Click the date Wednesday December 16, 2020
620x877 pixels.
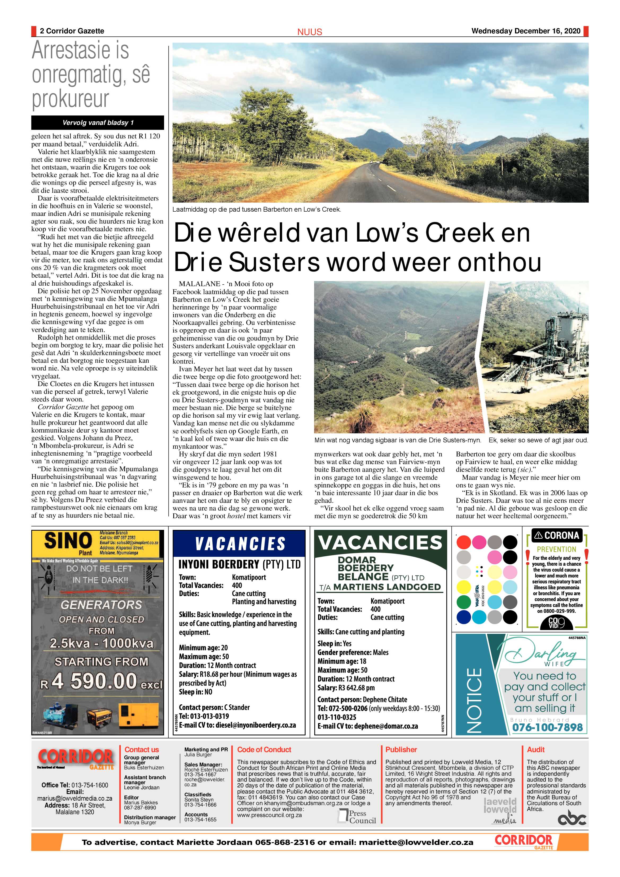526,31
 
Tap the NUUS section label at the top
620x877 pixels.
310,32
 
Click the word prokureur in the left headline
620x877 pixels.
70,99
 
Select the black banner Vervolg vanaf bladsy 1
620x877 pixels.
98,123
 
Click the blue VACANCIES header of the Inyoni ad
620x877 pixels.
239,544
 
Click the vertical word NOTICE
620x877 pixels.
474,700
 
